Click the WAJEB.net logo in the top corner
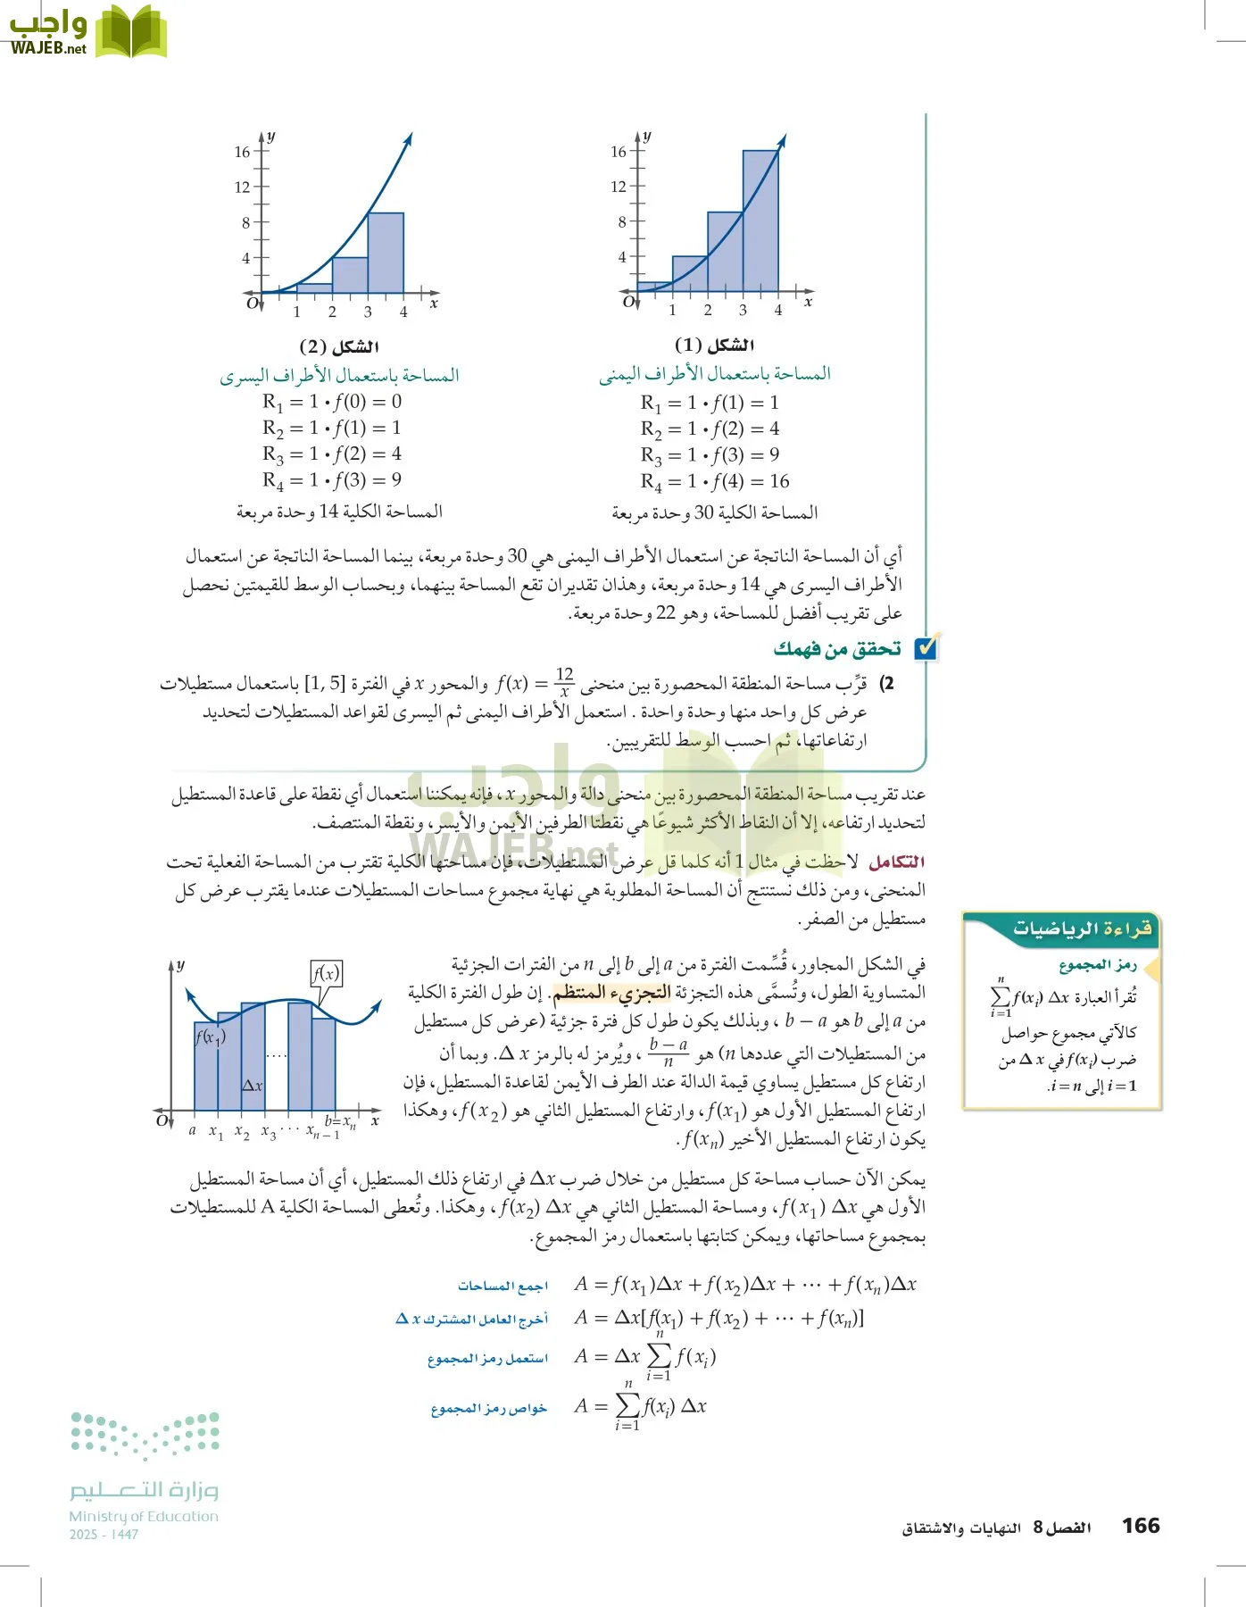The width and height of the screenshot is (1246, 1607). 87,32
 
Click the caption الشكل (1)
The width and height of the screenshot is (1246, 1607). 714,345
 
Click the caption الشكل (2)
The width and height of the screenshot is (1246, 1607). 339,346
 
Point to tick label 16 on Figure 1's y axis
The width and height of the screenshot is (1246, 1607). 618,152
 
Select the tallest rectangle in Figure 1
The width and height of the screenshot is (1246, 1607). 760,221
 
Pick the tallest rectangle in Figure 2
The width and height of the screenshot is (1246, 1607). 386,253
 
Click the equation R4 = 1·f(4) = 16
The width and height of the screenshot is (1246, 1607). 714,482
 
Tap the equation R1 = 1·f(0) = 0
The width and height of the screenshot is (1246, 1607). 331,402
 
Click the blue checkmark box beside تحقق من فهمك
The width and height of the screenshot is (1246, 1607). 926,647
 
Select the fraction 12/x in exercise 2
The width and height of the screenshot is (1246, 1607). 564,683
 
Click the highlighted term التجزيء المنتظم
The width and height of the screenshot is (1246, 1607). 611,992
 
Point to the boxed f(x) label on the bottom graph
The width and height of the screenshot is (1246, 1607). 327,973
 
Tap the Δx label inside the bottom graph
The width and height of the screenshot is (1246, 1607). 253,1086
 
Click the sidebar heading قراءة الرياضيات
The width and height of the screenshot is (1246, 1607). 1082,928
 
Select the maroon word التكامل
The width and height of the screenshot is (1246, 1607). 896,862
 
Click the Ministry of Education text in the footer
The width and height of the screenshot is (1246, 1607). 143,1516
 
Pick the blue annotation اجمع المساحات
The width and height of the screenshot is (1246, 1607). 503,1286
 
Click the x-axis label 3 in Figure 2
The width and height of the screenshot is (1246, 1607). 368,312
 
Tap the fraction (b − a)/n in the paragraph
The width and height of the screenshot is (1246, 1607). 669,1053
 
